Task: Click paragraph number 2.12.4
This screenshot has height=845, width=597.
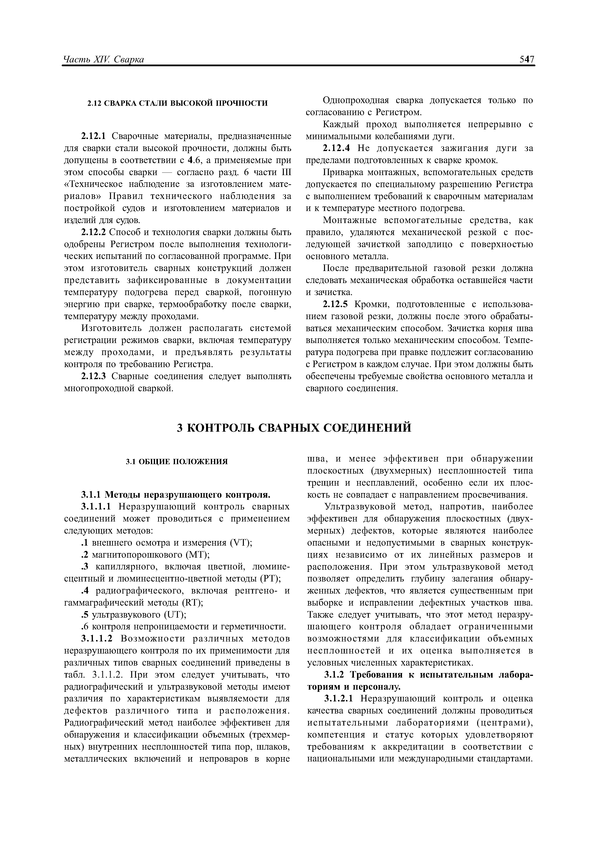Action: point(336,148)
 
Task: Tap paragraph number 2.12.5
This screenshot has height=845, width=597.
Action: point(336,304)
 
